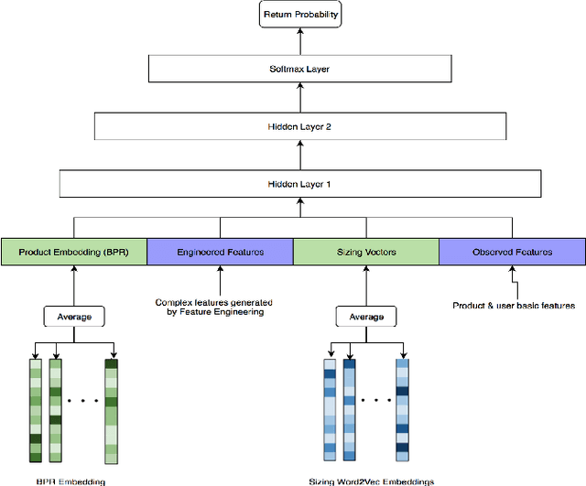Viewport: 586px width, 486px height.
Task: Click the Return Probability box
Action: pyautogui.click(x=300, y=16)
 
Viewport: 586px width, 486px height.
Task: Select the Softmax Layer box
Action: pyautogui.click(x=300, y=69)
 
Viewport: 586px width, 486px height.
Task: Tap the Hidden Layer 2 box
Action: pyautogui.click(x=300, y=126)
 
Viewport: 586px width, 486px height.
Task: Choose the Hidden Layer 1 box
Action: pyautogui.click(x=300, y=184)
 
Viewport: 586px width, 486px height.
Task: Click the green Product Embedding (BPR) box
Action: pyautogui.click(x=73, y=252)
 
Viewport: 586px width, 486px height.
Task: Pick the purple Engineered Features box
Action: pyautogui.click(x=220, y=252)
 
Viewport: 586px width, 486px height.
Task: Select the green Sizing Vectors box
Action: pyautogui.click(x=365, y=252)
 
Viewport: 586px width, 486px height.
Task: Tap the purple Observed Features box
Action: pyautogui.click(x=512, y=252)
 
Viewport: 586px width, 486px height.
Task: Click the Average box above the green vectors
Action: pyautogui.click(x=73, y=317)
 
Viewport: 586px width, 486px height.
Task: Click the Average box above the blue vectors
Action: pyautogui.click(x=365, y=317)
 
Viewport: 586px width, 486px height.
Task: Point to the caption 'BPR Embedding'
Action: pyautogui.click(x=71, y=481)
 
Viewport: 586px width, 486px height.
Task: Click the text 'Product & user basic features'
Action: pyautogui.click(x=514, y=305)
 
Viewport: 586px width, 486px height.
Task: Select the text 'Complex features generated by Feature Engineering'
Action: pyautogui.click(x=214, y=307)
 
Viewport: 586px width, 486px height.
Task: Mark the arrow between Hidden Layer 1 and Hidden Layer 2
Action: pyautogui.click(x=300, y=156)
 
